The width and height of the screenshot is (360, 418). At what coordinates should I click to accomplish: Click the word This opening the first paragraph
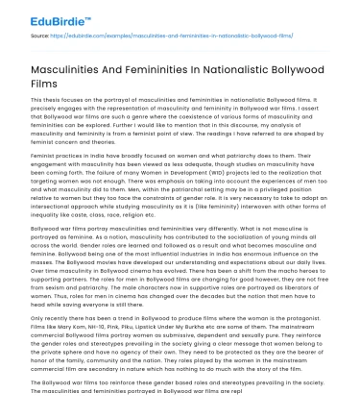coord(36,100)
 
